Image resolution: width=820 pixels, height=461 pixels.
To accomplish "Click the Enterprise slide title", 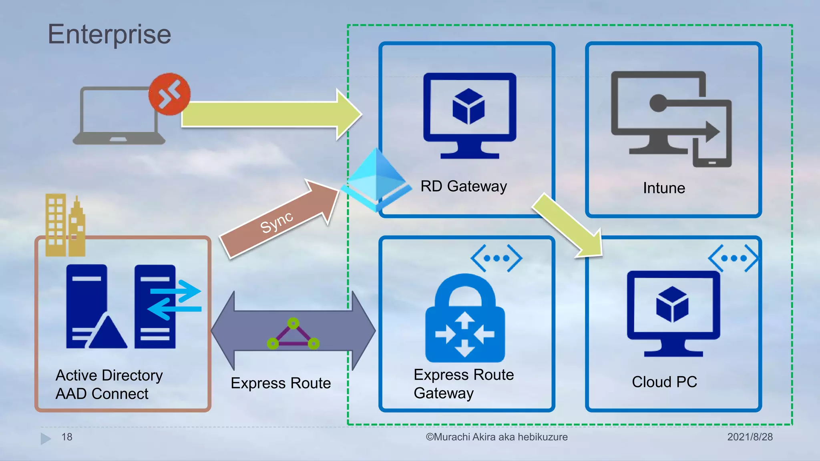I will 109,34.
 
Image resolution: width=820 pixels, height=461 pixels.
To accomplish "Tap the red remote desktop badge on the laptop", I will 169,94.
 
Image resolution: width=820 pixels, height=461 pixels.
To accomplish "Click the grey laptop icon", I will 118,116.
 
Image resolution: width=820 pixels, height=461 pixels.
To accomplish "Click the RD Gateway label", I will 463,186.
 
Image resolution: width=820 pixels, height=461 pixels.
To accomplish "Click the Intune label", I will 664,188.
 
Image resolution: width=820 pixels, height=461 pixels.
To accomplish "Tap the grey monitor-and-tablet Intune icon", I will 671,118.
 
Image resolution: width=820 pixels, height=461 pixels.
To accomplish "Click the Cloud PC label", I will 664,382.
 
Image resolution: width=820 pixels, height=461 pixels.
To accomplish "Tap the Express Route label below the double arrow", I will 281,383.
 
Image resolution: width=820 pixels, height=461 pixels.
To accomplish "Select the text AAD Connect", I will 102,394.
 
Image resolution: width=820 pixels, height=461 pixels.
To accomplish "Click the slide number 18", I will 66,437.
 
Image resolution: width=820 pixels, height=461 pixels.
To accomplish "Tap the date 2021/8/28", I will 750,437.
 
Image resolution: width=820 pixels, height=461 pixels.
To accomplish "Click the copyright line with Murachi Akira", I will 496,437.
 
